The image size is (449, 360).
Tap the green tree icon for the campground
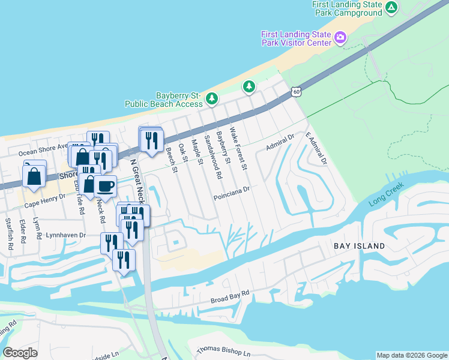pos(391,8)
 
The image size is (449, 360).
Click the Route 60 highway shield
pos(294,91)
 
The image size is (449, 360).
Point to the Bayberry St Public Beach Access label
pos(163,100)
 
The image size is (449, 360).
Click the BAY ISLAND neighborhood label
pos(360,247)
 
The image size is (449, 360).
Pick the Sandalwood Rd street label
pos(212,157)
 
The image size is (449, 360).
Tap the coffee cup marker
pos(105,185)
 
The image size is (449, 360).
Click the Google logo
pos(20,353)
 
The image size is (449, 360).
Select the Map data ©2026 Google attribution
pos(411,355)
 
